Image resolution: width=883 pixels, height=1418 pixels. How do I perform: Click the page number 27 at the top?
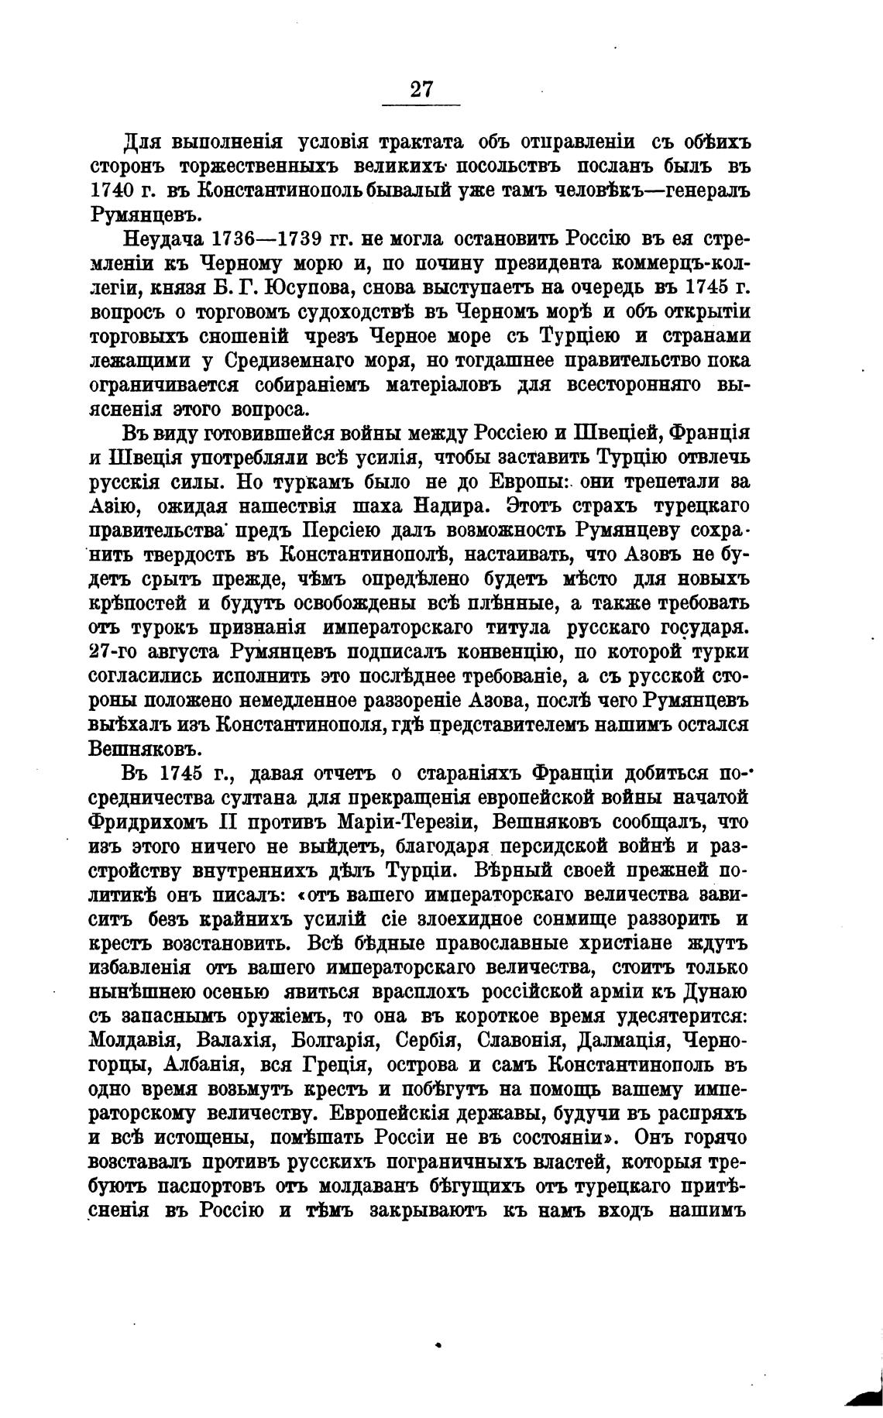421,89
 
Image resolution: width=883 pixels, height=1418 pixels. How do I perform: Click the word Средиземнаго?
288,361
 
